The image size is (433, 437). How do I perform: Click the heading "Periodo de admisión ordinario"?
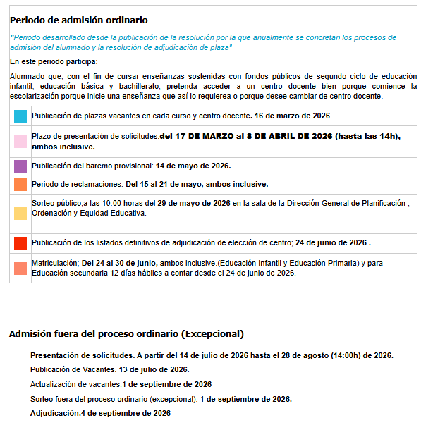point(78,20)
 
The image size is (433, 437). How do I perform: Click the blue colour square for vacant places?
point(20,116)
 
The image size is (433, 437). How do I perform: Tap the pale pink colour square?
point(20,142)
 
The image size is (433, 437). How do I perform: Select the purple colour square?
point(20,166)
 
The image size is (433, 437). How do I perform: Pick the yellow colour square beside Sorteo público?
point(20,214)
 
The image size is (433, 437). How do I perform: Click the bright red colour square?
point(20,243)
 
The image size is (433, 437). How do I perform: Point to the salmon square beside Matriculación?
point(20,269)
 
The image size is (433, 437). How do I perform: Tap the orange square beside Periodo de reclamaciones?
point(20,185)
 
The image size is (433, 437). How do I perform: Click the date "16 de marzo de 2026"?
point(291,116)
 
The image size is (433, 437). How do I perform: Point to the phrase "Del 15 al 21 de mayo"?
point(164,185)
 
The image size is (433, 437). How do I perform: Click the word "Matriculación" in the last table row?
point(55,264)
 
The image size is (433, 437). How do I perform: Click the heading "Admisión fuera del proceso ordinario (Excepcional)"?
point(126,334)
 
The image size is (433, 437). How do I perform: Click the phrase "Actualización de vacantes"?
point(75,384)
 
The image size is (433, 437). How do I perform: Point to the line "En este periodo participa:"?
point(54,62)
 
